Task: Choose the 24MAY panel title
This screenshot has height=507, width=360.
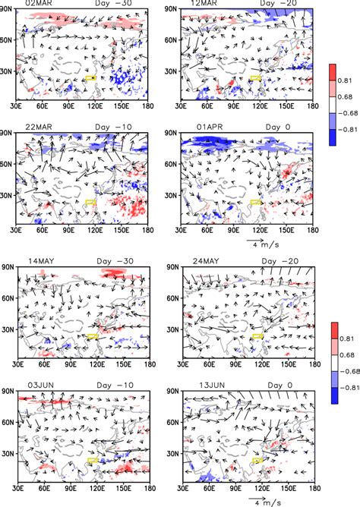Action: (x=197, y=260)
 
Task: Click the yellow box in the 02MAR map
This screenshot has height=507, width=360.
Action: (x=90, y=77)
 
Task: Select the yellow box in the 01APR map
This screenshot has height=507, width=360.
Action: (x=255, y=203)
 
